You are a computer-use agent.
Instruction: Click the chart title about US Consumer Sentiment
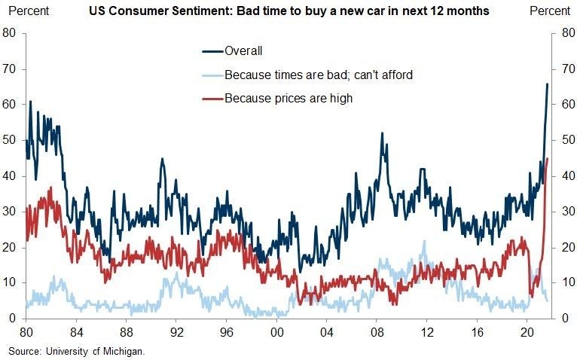288,11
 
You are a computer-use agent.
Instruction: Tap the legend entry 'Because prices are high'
288,98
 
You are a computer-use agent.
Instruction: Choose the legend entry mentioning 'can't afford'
319,75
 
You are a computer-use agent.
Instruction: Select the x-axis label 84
76,331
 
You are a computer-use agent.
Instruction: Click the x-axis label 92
176,331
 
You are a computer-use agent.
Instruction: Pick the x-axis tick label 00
276,331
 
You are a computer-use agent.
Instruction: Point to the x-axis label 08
377,331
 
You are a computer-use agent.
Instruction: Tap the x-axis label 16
477,331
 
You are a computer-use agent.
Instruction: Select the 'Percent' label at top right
551,11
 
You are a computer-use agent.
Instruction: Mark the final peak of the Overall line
547,84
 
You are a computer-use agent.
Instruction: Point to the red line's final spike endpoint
547,158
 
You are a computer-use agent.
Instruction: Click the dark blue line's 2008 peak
383,133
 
